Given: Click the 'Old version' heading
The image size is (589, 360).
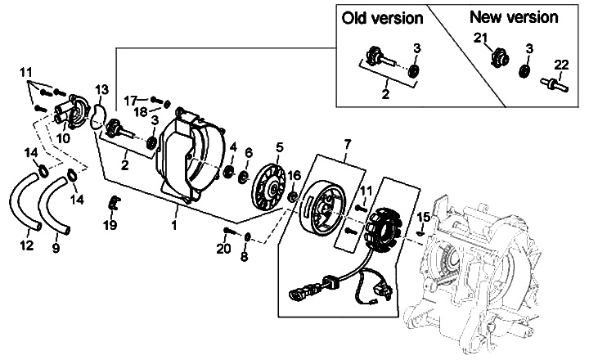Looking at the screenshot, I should click(x=383, y=17).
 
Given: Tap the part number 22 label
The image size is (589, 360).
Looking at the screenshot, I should click(x=560, y=65).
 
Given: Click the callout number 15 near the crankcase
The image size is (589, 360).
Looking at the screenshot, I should click(x=423, y=217).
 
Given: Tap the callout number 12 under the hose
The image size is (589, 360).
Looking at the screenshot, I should click(x=26, y=245).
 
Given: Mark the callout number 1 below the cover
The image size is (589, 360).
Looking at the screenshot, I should click(x=175, y=222).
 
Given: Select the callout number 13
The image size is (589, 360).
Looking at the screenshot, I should click(x=101, y=88).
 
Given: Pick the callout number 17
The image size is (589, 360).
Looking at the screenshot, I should click(x=131, y=100).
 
